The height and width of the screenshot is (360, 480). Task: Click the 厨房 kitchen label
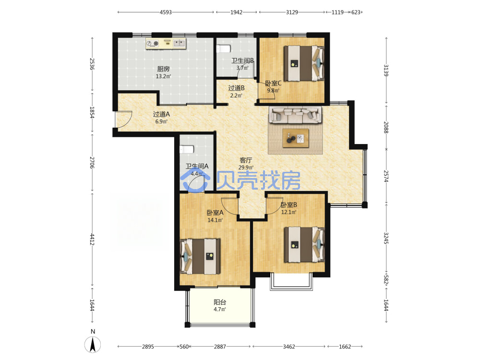coord(164,69)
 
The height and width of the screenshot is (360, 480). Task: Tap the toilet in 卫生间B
coord(223,48)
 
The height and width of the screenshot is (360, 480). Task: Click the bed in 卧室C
coord(304,63)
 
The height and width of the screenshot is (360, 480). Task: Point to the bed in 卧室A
coord(201,256)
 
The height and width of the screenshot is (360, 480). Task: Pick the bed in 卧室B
coord(304,245)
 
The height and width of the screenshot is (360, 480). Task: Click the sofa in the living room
coord(295,115)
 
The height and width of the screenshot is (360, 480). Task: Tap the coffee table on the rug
coord(296,138)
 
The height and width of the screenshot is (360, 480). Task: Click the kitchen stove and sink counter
coord(166,44)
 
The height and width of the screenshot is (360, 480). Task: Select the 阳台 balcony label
coord(220,302)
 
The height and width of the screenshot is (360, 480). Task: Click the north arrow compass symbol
coord(93,344)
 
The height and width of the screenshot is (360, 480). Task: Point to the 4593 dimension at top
coord(166,12)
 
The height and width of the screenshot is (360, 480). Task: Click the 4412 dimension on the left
coord(92,240)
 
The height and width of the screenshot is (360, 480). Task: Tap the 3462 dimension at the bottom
coord(288,347)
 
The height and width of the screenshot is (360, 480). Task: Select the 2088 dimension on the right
coord(386,127)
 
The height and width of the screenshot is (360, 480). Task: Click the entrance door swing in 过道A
coord(124,120)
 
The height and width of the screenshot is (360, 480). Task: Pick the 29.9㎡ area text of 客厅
coord(246,168)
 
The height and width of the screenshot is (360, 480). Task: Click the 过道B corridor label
coord(236,88)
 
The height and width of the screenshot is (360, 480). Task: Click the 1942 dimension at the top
coord(236,12)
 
